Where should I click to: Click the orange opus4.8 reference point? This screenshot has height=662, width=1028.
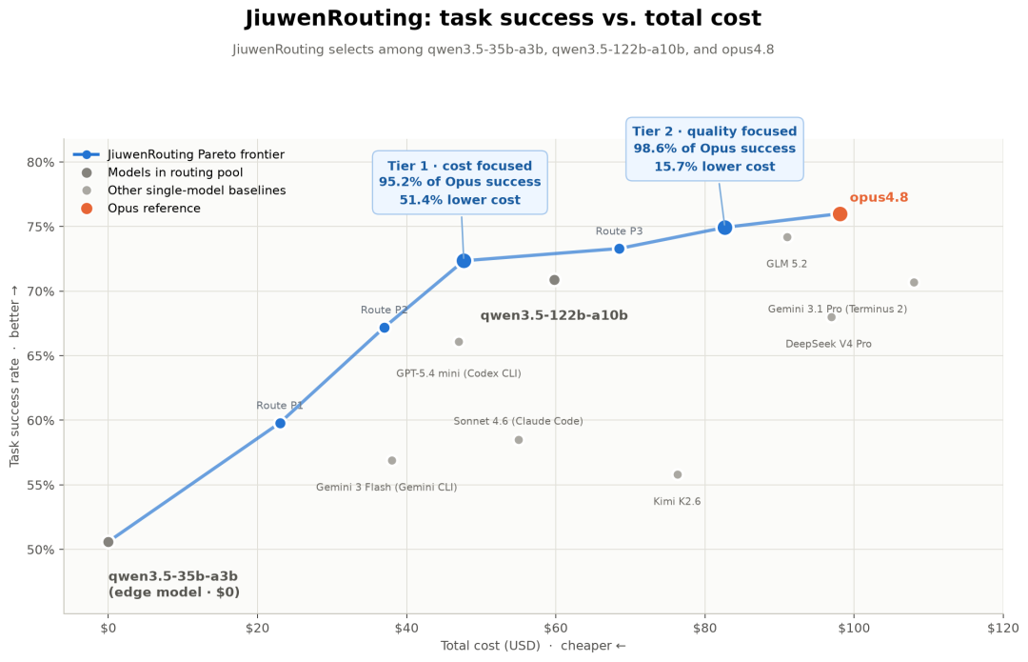(840, 214)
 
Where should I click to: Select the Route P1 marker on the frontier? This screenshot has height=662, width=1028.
(280, 423)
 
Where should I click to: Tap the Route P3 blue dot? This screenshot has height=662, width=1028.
(619, 249)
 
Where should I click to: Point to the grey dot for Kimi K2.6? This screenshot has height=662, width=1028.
(678, 474)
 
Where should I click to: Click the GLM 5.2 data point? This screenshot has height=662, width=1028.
(787, 237)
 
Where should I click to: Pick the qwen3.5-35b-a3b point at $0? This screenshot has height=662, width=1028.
(109, 542)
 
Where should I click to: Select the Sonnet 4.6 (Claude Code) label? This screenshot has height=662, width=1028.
(518, 421)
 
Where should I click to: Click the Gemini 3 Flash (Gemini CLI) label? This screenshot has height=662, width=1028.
(386, 487)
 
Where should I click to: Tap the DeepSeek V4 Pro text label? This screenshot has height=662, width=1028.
(828, 344)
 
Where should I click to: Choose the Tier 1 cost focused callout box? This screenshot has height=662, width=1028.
(460, 182)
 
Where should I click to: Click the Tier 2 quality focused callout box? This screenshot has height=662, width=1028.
(715, 149)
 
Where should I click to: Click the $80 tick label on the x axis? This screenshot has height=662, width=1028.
(704, 628)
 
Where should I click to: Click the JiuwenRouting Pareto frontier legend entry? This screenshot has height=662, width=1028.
(178, 155)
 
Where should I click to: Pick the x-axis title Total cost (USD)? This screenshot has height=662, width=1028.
(490, 646)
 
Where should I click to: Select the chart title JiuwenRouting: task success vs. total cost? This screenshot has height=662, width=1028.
(503, 18)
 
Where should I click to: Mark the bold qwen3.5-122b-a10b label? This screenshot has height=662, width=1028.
(554, 315)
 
